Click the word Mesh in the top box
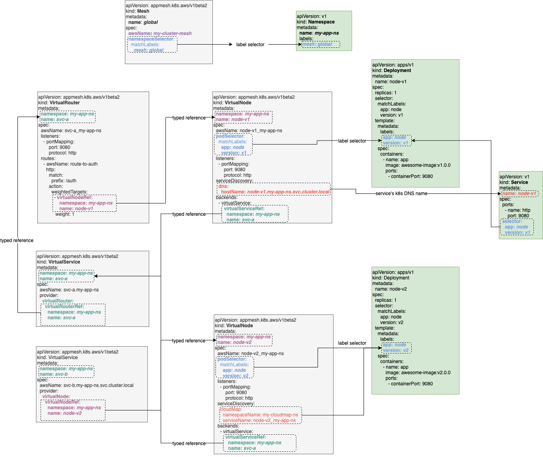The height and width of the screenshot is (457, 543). pos(143,11)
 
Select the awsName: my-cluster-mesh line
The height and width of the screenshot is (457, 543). pos(160,33)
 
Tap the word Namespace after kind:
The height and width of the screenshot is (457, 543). pos(321,22)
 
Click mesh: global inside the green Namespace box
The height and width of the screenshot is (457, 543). pos(317,44)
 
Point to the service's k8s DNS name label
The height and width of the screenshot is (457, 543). pos(401,193)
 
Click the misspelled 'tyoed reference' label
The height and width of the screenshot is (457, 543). pos(189,443)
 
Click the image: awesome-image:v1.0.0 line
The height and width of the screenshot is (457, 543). pos(418,165)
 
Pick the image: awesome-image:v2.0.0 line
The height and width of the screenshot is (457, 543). pos(418,373)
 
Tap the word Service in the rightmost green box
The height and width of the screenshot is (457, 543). pos(519,182)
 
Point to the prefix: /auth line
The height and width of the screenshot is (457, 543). pos(64,181)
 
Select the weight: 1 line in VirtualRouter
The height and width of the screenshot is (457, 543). pos(64,214)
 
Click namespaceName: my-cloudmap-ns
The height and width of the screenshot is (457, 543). pos(260,415)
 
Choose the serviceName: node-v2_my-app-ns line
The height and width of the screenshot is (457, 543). pos(259,420)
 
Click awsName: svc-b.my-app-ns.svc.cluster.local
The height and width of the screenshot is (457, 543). pos(86,385)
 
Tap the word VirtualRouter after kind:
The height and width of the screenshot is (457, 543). pos(64,103)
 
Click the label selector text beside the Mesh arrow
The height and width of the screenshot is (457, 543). pos(250,45)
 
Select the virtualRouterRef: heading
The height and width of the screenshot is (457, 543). pos(64,307)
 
